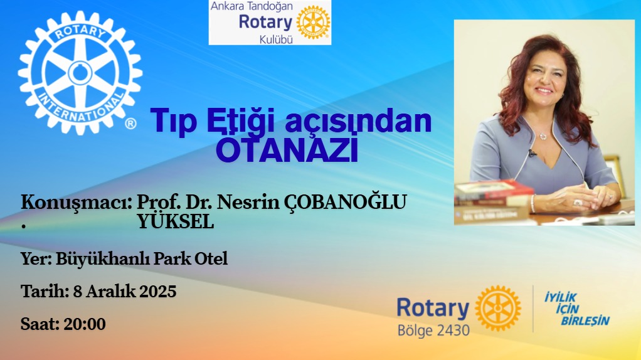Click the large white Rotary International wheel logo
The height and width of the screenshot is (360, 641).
point(80,73)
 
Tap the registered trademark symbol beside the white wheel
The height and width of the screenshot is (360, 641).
point(130,124)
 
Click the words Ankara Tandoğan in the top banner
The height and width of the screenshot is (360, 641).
point(252,6)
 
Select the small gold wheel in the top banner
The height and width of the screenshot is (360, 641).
point(313,23)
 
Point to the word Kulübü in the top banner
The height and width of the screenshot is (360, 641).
point(277,40)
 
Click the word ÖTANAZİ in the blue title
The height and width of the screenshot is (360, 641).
point(287,150)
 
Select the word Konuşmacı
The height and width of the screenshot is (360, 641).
point(76,203)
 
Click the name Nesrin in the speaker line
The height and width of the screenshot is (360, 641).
point(247,202)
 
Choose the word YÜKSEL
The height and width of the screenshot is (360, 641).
point(176,222)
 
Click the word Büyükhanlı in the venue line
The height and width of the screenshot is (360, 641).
point(103,258)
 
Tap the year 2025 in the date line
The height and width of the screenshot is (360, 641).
point(158,292)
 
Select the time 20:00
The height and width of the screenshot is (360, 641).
point(85,324)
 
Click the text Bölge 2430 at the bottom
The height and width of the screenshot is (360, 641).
point(434,330)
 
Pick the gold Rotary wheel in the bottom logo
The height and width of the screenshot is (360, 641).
point(498,308)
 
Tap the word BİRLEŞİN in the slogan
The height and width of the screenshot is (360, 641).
point(585,320)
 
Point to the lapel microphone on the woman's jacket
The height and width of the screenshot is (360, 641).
point(531,153)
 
